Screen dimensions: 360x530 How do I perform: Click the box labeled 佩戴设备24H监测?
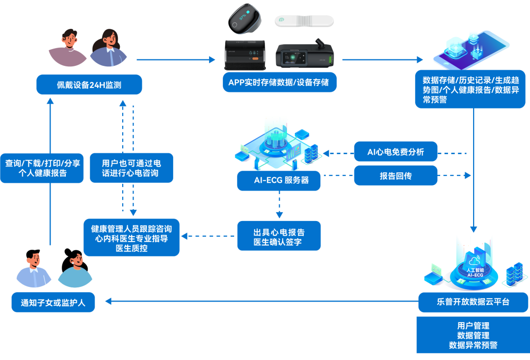coord(89,84)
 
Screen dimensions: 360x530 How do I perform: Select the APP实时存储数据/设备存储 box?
coord(279,82)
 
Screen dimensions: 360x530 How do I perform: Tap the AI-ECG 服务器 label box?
coord(279,180)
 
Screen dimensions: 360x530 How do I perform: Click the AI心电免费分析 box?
coord(396,152)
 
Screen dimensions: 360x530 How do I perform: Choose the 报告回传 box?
coord(396,175)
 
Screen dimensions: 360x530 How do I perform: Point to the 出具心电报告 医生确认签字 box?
coord(279,236)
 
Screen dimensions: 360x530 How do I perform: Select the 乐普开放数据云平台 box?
coord(473,302)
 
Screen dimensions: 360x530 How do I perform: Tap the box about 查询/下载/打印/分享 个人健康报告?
coord(42,168)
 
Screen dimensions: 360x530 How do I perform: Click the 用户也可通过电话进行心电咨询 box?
coord(131,168)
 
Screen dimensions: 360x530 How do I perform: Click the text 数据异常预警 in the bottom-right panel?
coord(473,345)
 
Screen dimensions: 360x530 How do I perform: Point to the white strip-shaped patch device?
coord(304,21)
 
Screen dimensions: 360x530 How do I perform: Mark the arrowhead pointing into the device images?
coord(212,60)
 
